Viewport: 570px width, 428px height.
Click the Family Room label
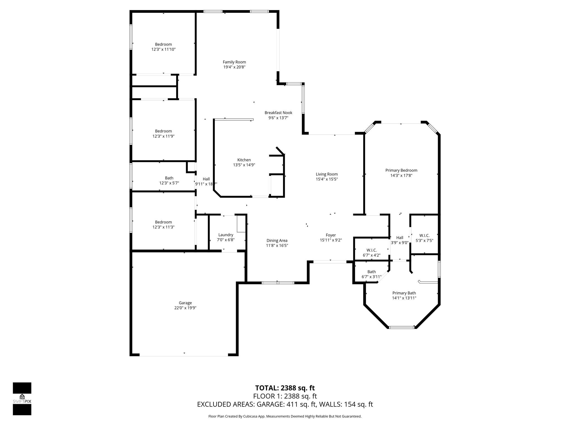pos(234,62)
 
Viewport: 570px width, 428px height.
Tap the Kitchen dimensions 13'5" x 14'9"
pos(244,165)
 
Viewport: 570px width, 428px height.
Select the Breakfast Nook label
pos(278,113)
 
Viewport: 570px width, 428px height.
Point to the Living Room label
pos(327,174)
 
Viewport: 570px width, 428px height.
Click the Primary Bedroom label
pos(401,170)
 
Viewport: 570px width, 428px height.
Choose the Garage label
pos(185,303)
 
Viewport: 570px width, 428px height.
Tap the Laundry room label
pos(226,235)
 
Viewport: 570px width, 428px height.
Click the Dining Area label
pos(277,240)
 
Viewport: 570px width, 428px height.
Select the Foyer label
pos(331,235)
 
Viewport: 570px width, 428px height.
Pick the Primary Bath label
pos(404,293)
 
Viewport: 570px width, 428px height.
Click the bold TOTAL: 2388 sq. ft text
pos(285,388)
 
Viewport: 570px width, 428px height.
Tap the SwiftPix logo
pos(22,398)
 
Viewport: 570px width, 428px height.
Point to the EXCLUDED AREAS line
pos(285,404)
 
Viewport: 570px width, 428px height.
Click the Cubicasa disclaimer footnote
pos(285,416)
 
